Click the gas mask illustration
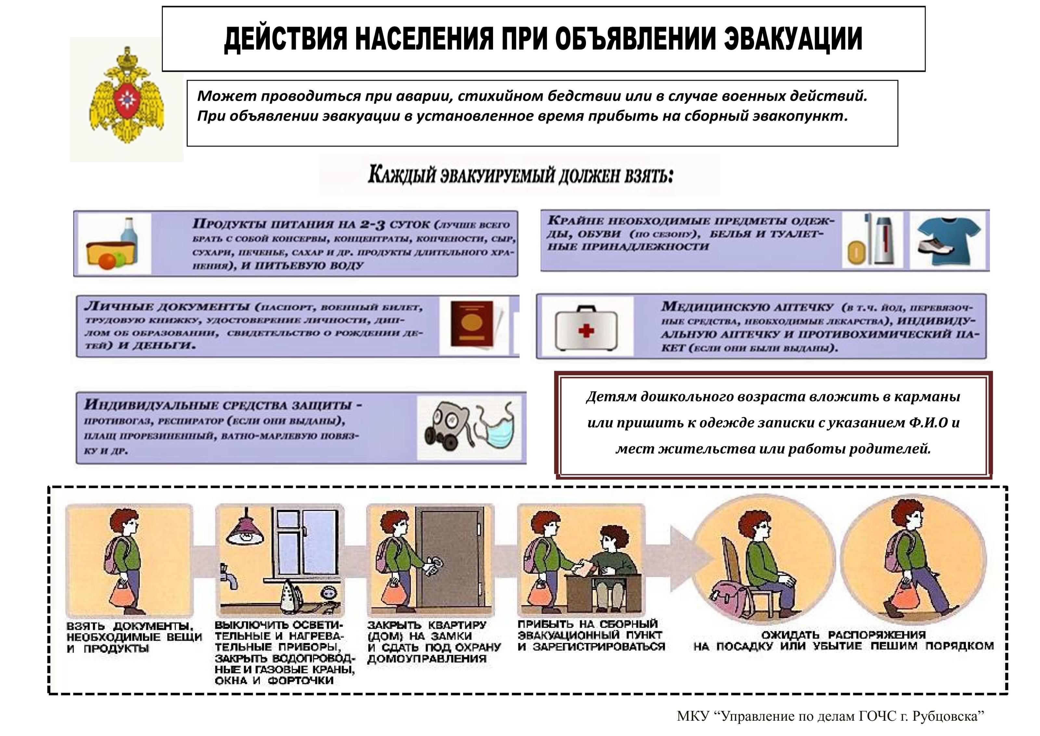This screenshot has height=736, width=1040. pos(448,426)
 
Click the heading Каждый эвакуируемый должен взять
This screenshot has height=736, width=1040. pos(520,175)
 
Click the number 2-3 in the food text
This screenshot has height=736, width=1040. pos(372,224)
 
